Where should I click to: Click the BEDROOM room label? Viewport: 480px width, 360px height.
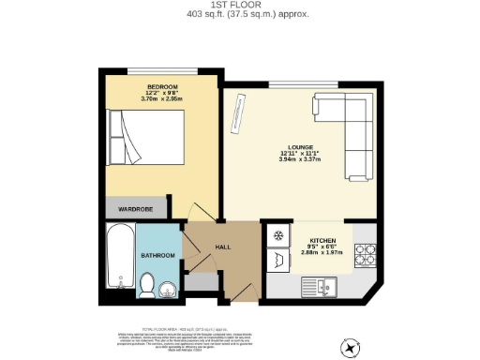[160, 85]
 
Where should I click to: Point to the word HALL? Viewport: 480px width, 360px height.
[223, 247]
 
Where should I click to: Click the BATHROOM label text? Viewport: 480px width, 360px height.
[158, 255]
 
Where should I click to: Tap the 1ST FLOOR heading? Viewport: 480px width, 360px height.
[240, 6]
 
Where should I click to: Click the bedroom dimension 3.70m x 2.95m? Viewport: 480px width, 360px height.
[160, 98]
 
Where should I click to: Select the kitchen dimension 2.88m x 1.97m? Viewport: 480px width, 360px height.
[323, 252]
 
